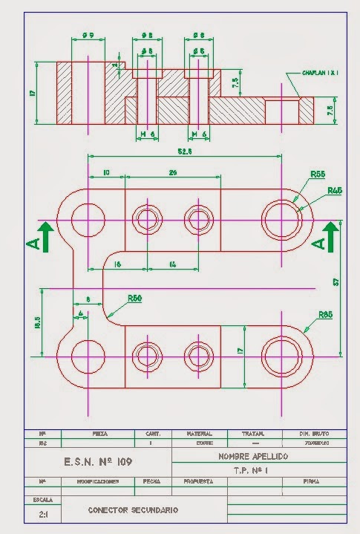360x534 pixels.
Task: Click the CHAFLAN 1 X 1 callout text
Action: [320, 73]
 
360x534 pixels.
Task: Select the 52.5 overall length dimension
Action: [185, 152]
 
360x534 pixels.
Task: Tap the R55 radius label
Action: [318, 175]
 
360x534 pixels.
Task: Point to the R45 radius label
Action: [334, 191]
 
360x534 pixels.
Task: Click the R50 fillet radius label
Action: [134, 298]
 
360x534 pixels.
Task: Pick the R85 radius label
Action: [325, 315]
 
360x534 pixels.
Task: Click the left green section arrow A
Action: [43, 237]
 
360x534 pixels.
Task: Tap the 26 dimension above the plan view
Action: [172, 173]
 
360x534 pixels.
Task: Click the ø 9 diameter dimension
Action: [88, 35]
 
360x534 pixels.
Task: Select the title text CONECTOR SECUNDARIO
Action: [134, 510]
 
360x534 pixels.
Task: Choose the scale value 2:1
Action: [35, 514]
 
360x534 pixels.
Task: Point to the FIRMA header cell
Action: [312, 481]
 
